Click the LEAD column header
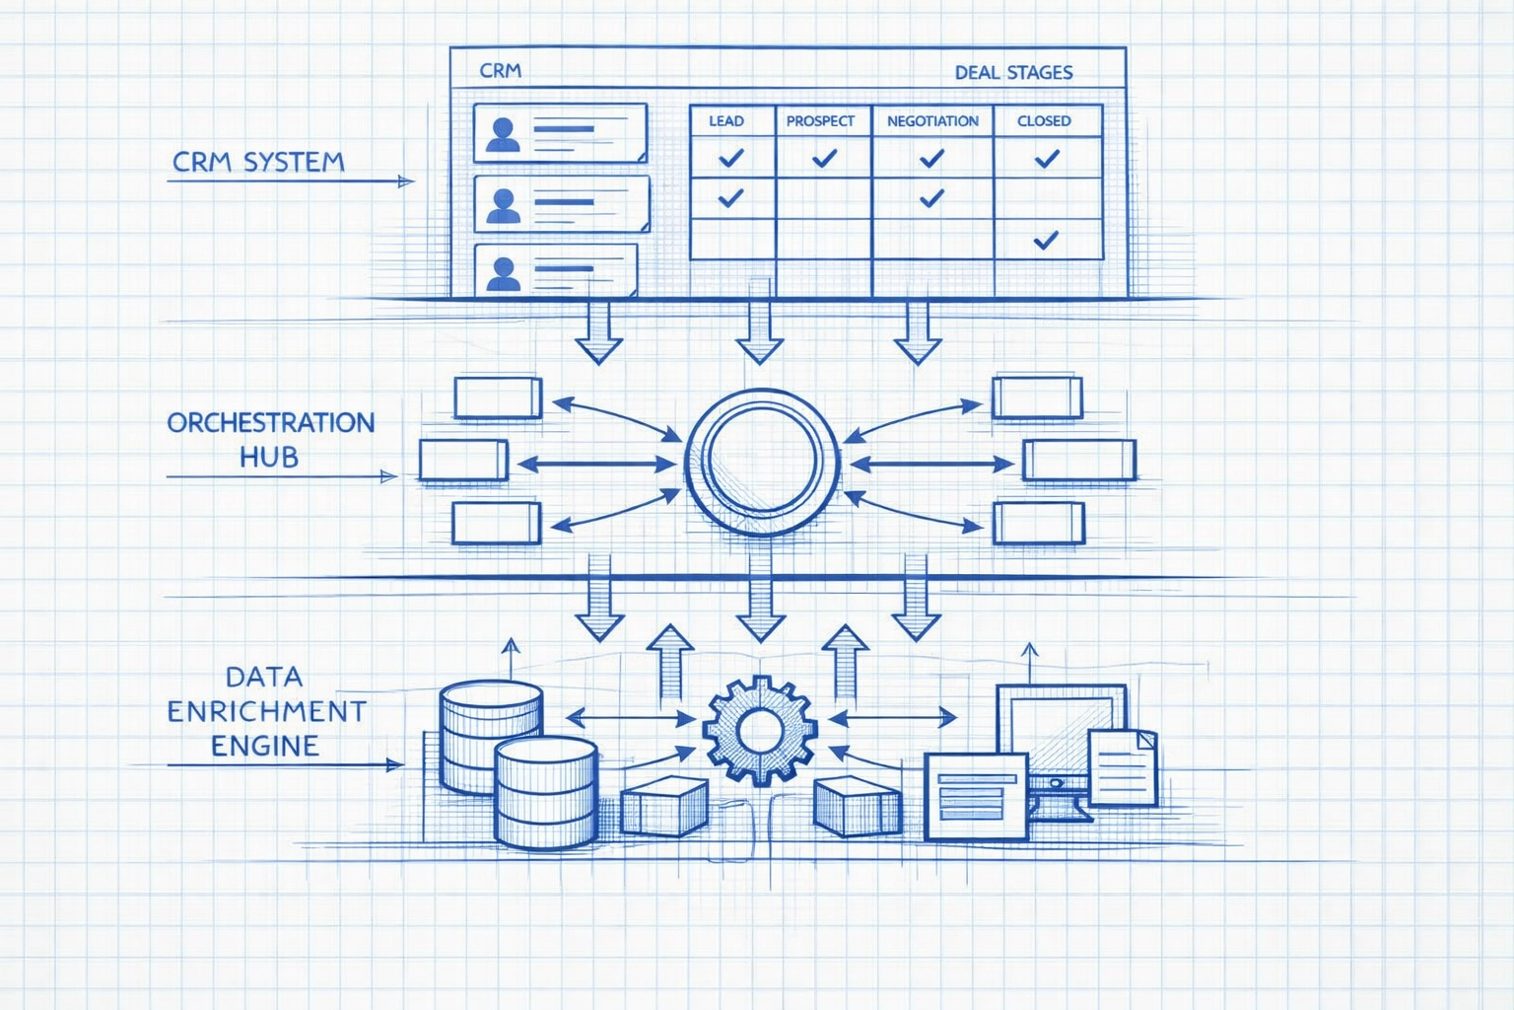pos(726,121)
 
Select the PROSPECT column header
pos(820,121)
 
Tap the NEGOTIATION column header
pos(932,121)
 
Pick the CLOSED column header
pos(1044,121)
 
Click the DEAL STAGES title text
pos(1013,72)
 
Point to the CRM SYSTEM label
pos(258,162)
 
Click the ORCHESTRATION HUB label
pos(270,440)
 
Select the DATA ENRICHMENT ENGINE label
pos(265,710)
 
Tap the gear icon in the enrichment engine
pos(758,730)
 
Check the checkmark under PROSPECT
pos(824,158)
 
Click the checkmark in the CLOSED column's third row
pos(1046,239)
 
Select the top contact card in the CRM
pos(560,132)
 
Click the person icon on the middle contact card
pos(504,205)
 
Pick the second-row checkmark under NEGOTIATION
pos(931,198)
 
